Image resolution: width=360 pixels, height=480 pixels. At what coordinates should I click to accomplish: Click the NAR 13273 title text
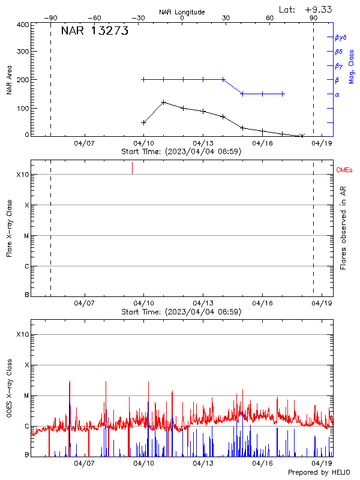click(x=95, y=32)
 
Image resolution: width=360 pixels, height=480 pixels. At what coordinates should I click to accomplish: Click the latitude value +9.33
click(x=319, y=9)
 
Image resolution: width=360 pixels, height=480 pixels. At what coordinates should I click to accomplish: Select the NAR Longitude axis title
click(x=182, y=12)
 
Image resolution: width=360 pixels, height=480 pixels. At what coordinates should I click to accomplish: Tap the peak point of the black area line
click(x=164, y=102)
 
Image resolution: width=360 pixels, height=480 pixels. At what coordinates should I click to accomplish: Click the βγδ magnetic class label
click(x=340, y=37)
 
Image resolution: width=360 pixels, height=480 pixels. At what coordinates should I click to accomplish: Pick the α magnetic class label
click(x=337, y=94)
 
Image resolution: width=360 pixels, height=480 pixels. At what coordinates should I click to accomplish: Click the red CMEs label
click(x=344, y=170)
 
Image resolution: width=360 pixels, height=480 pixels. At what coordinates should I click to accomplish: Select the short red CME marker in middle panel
click(x=132, y=168)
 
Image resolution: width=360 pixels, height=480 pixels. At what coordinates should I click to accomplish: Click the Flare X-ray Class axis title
click(x=10, y=227)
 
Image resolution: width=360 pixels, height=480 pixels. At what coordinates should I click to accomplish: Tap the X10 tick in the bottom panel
click(x=23, y=334)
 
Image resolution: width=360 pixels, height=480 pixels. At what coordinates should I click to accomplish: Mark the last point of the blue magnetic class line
click(x=283, y=94)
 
